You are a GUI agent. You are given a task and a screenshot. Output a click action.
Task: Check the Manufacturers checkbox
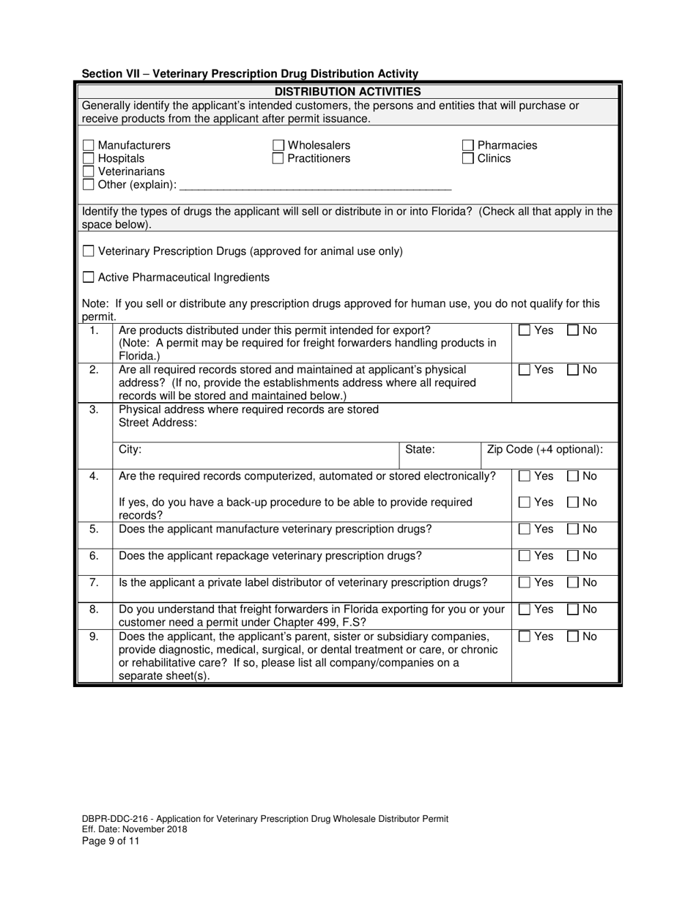click(89, 146)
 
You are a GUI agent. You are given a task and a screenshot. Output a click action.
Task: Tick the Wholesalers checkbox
click(278, 146)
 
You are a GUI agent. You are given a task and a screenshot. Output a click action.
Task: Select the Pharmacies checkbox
click(468, 146)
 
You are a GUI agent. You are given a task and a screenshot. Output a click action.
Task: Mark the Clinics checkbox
click(468, 159)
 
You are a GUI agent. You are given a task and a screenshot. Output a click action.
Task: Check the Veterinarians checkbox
click(89, 172)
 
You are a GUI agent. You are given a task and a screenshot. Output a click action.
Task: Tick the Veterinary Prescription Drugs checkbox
click(89, 252)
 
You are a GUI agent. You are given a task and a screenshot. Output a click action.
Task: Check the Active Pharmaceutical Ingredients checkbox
click(89, 278)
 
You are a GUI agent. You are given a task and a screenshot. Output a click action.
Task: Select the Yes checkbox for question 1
click(525, 331)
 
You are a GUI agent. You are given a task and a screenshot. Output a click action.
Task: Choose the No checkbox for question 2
click(574, 371)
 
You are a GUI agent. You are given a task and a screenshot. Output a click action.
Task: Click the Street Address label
click(158, 423)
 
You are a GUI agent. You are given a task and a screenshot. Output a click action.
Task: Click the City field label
click(130, 450)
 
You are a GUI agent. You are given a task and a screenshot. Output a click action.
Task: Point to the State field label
click(420, 450)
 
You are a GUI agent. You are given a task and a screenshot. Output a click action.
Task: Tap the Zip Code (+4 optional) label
click(545, 450)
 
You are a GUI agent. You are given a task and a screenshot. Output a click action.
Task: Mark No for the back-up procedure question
click(574, 503)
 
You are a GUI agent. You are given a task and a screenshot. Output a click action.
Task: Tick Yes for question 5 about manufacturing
click(525, 530)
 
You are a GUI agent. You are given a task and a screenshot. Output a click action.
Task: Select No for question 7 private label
click(574, 584)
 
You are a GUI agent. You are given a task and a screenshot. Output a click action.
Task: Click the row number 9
click(94, 637)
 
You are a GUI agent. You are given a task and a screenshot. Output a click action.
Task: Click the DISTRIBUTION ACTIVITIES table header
click(348, 92)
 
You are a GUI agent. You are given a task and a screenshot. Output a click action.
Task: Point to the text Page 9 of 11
click(110, 841)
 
